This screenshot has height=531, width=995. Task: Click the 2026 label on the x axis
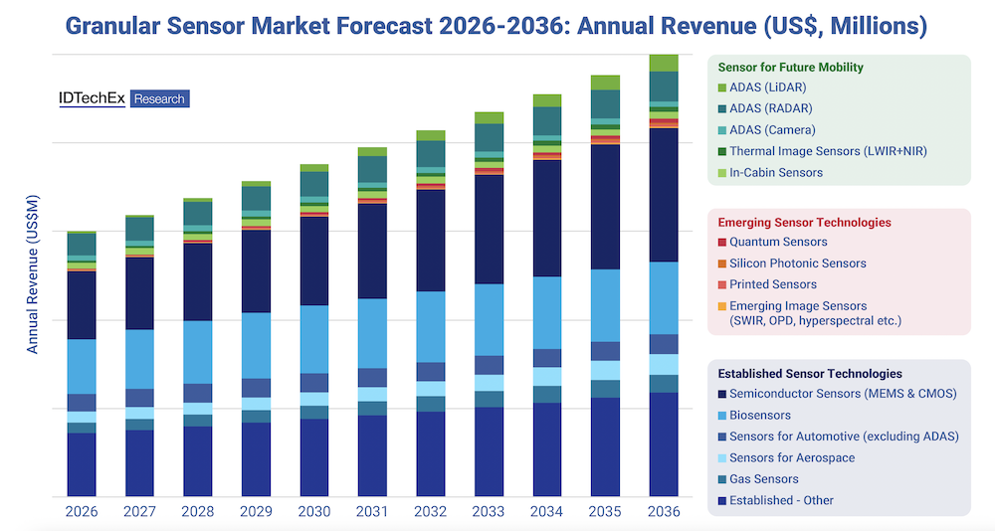click(81, 511)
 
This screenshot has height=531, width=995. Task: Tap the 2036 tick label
click(664, 511)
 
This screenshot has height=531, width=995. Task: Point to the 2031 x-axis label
click(372, 511)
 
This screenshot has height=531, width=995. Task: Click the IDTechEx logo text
click(92, 98)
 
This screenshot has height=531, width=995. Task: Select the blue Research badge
click(159, 99)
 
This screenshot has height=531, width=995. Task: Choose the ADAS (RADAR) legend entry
click(770, 108)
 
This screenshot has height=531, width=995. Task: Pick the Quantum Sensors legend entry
click(777, 242)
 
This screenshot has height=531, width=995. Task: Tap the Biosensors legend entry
click(759, 415)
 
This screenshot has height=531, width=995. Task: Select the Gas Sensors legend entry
click(763, 479)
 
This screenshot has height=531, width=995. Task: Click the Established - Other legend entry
click(780, 500)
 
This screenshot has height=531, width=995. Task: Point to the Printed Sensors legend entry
click(772, 284)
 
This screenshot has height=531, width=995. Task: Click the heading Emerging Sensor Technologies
click(804, 223)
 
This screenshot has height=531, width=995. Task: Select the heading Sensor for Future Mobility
click(790, 68)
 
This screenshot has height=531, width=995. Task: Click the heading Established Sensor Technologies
click(810, 374)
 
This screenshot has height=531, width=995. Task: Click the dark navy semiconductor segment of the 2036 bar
click(664, 194)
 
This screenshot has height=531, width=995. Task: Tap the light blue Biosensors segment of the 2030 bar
click(314, 338)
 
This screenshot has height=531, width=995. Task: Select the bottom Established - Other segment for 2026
click(81, 463)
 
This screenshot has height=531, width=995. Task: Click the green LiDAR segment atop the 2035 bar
click(605, 83)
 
